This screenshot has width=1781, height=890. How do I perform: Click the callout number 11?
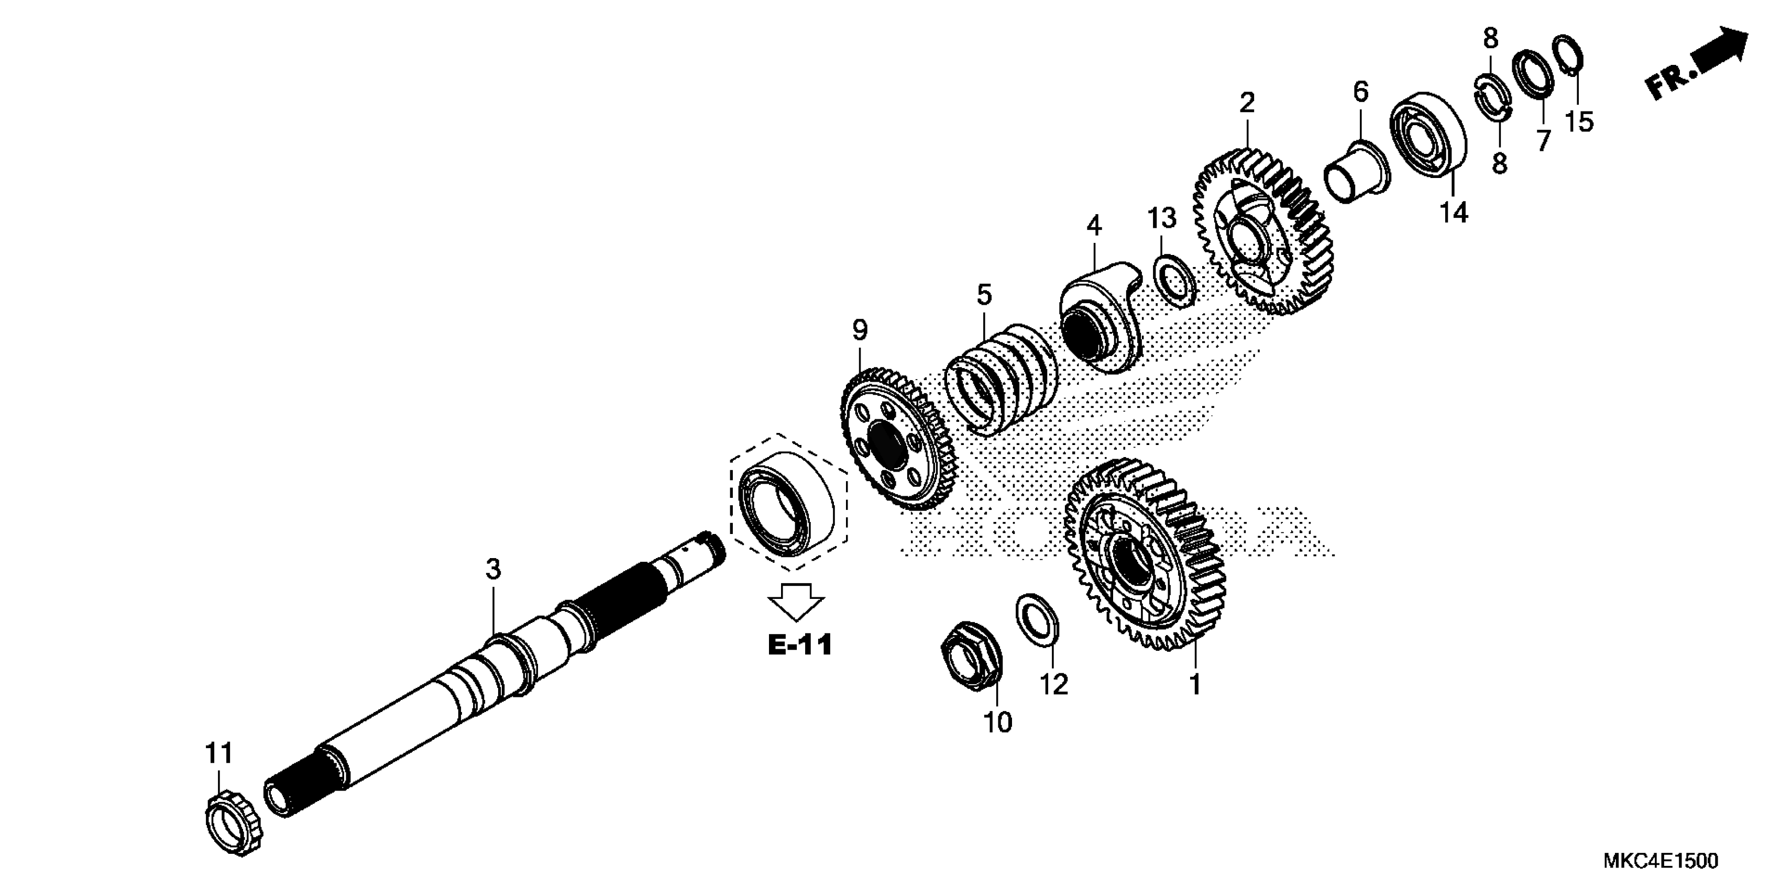click(x=218, y=753)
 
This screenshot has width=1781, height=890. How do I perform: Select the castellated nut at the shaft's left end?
click(x=234, y=825)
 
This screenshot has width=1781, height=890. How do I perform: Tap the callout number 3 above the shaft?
click(x=492, y=570)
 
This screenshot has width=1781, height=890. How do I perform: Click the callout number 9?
click(x=860, y=331)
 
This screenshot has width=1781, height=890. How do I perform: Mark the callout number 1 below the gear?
click(x=1195, y=684)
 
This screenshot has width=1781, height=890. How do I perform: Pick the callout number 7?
click(x=1543, y=140)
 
